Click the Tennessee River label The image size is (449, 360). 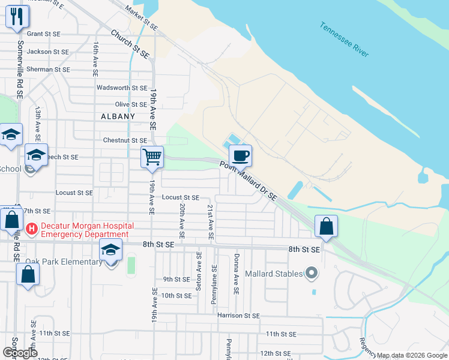click(x=343, y=40)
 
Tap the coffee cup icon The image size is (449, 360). click(x=240, y=156)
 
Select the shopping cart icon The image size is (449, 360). click(x=152, y=157)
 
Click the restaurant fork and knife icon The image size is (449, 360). click(x=16, y=16)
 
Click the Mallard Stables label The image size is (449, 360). click(x=273, y=274)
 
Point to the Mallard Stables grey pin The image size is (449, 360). click(x=311, y=274)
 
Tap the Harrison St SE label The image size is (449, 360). click(x=238, y=316)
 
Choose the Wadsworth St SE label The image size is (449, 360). click(x=122, y=88)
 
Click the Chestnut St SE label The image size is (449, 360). click(x=125, y=140)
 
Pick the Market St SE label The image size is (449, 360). click(x=142, y=19)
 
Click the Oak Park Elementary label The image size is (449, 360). click(x=63, y=262)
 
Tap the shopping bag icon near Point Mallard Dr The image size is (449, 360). click(x=326, y=227)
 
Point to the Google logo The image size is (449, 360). click(x=20, y=353)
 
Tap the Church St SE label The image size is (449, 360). click(x=130, y=44)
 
